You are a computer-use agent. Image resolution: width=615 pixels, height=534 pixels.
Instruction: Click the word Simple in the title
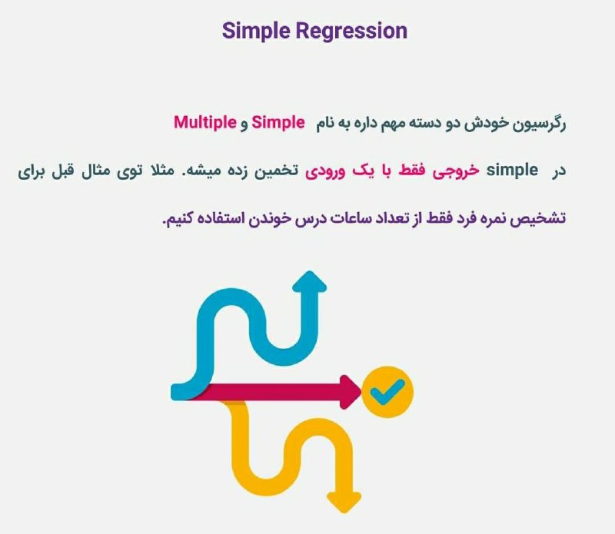256,32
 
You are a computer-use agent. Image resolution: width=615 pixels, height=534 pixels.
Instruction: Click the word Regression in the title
351,32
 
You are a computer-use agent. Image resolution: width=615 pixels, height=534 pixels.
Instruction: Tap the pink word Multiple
205,122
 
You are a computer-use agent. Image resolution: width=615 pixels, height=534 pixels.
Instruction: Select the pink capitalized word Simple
278,122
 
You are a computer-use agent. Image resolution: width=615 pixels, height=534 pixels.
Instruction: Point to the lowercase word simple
512,170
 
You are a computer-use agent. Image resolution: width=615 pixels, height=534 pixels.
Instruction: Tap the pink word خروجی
456,171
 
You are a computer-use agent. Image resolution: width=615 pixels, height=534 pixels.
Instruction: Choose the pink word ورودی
325,171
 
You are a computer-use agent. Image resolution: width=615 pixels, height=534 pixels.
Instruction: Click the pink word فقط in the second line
412,170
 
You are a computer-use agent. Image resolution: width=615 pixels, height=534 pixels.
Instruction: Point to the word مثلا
161,170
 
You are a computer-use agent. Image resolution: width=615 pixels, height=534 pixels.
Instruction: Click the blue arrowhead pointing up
310,281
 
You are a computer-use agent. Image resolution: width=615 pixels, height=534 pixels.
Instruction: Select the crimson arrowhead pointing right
351,392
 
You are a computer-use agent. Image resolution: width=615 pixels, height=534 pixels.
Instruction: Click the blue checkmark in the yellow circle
387,392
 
